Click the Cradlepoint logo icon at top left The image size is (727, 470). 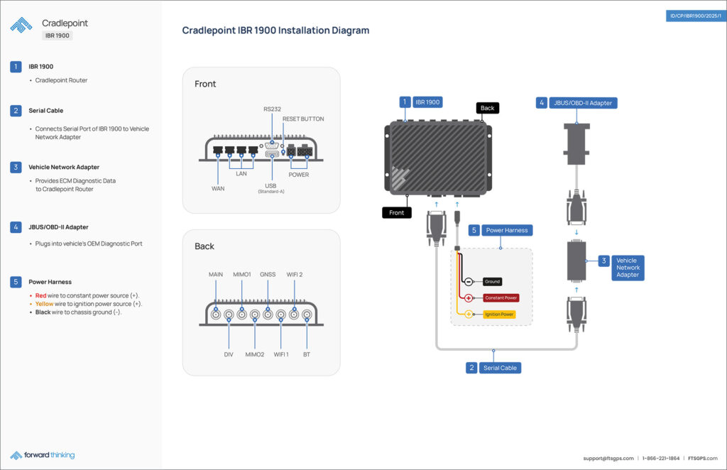pos(21,25)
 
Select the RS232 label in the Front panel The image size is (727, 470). pos(272,109)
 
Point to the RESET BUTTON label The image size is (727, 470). pos(303,119)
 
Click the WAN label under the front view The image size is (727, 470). pos(218,189)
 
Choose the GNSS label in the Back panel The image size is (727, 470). pos(268,274)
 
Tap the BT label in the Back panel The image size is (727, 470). pos(306,353)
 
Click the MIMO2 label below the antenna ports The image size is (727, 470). pos(255,353)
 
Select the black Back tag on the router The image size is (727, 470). pos(487,108)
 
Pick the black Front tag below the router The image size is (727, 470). pos(397,212)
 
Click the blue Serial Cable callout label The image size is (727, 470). pos(501,368)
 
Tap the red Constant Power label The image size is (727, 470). pos(501,297)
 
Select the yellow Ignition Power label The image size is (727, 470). pos(500,314)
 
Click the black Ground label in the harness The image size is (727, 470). pos(492,282)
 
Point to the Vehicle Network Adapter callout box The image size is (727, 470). pos(627,268)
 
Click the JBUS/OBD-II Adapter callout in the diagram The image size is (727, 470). pos(584,103)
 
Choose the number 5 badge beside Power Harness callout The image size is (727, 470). pos(474,230)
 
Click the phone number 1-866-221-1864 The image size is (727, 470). pos(661,458)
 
